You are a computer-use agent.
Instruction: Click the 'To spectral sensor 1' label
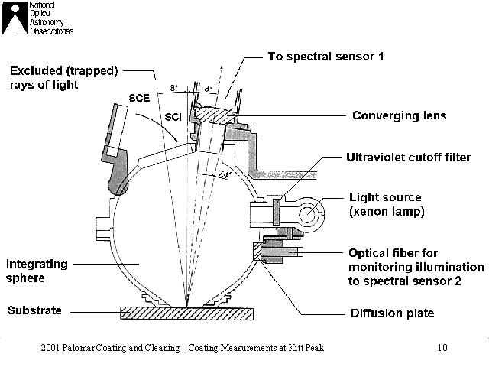[325, 57]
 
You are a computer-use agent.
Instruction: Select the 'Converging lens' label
[399, 115]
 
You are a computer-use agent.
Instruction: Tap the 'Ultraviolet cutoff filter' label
[408, 158]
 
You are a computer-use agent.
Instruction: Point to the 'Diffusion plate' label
[392, 313]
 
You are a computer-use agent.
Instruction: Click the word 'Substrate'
[34, 310]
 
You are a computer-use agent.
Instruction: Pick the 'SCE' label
[139, 98]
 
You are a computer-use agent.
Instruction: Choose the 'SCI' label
[173, 117]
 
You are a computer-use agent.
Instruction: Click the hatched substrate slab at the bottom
[186, 313]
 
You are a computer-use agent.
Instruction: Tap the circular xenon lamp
[308, 214]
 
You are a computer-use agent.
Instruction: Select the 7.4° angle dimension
[225, 175]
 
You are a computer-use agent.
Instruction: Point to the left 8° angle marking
[174, 88]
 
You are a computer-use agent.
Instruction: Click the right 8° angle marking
[209, 88]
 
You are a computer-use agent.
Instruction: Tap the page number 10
[442, 347]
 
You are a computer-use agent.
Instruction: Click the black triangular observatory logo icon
[15, 18]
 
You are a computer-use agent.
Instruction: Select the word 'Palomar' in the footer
[78, 347]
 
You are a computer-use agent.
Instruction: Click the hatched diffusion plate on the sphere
[257, 252]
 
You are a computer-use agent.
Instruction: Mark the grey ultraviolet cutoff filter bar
[277, 212]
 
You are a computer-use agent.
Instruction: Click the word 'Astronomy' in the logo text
[47, 22]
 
